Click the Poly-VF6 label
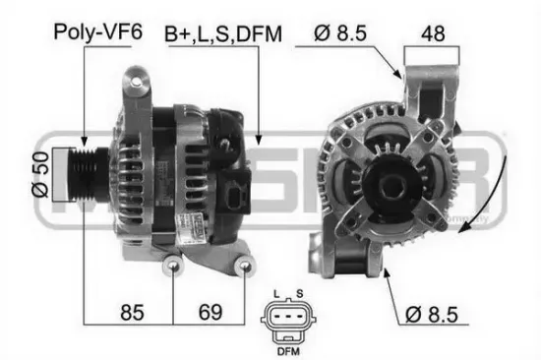(x=97, y=31)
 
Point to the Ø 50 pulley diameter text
(x=40, y=176)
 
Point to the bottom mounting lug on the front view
(x=355, y=259)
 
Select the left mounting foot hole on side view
(x=173, y=266)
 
